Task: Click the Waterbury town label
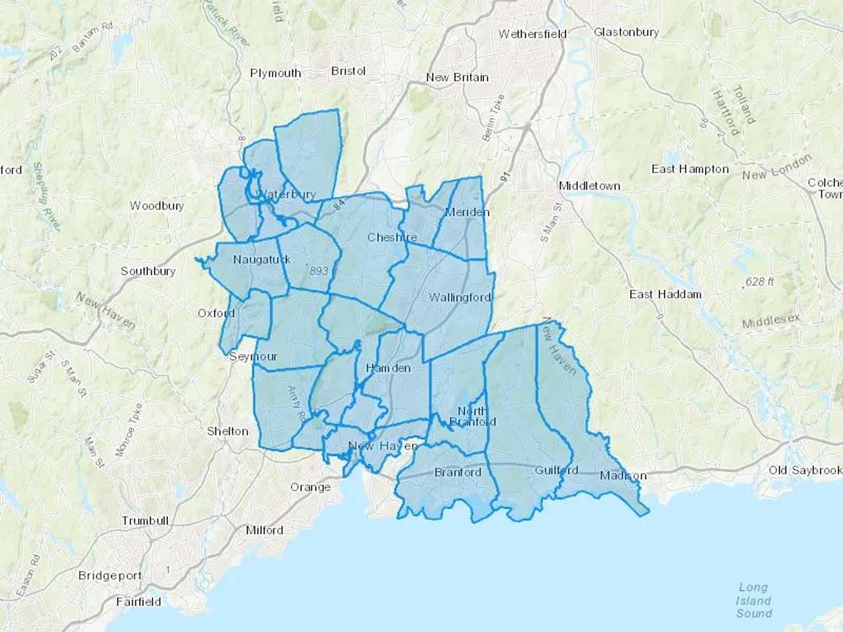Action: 287,194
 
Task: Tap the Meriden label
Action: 467,212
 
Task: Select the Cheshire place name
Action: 392,237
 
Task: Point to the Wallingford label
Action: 460,297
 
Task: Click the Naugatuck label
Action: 262,259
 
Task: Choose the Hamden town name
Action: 388,368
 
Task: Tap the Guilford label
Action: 556,470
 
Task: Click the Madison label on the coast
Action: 623,476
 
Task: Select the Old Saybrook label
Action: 805,470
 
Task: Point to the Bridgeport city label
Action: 110,575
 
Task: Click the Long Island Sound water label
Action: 754,600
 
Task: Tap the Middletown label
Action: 590,186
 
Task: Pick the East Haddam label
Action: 665,294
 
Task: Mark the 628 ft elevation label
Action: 759,282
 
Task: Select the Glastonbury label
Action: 626,32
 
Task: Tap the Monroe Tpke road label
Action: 128,430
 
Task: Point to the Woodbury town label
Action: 157,206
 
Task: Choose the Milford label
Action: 265,530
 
